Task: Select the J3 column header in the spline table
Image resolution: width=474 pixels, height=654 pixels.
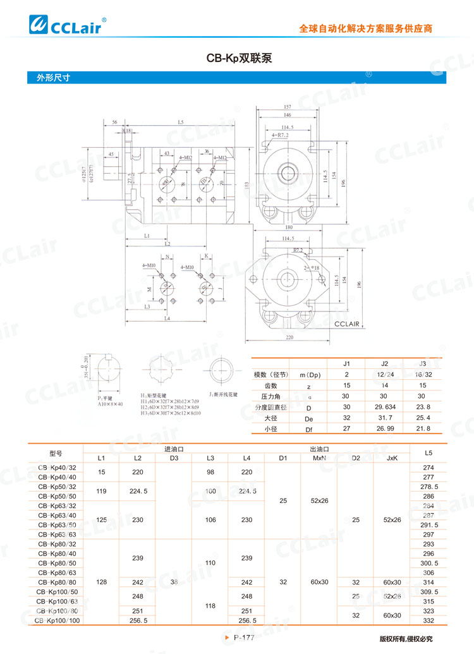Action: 422,363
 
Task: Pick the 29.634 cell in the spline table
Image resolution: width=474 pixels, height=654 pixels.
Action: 384,407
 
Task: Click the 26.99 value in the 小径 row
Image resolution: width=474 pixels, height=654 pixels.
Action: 384,429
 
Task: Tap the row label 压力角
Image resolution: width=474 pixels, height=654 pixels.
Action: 270,396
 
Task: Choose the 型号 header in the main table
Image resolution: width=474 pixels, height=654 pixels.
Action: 56,453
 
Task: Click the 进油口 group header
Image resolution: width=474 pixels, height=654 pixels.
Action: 174,448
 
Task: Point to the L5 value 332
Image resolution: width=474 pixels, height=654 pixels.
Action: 428,621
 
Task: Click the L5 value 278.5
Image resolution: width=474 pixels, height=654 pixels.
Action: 428,487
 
